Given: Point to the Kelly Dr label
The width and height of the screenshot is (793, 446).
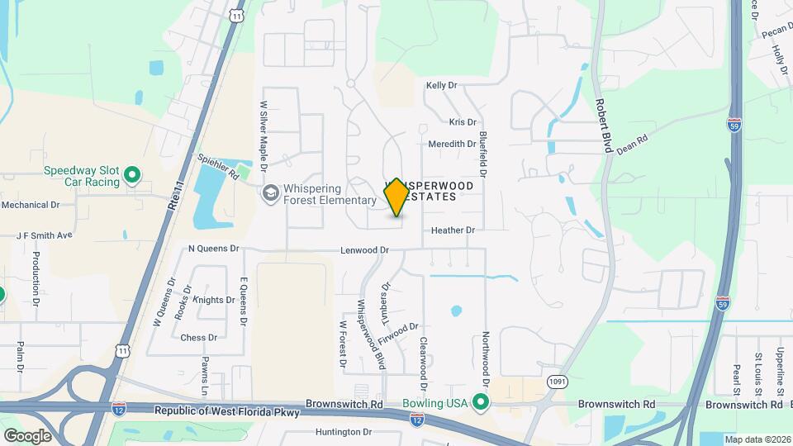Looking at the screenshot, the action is [x=441, y=85].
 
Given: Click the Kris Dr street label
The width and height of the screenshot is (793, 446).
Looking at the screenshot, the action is [x=463, y=122].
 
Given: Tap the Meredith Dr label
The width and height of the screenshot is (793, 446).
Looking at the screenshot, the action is [x=452, y=144].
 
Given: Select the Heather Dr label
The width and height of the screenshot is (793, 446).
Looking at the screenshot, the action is [x=453, y=230].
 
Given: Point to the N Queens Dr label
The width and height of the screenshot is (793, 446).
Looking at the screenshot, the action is [x=213, y=248].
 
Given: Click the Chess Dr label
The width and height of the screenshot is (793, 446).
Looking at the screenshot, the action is [x=198, y=337].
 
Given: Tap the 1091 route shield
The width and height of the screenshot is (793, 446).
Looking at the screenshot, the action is [x=556, y=381].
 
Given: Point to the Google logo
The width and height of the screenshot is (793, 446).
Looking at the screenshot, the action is [x=27, y=435].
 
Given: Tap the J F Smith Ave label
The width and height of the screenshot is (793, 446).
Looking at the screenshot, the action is [x=45, y=235].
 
